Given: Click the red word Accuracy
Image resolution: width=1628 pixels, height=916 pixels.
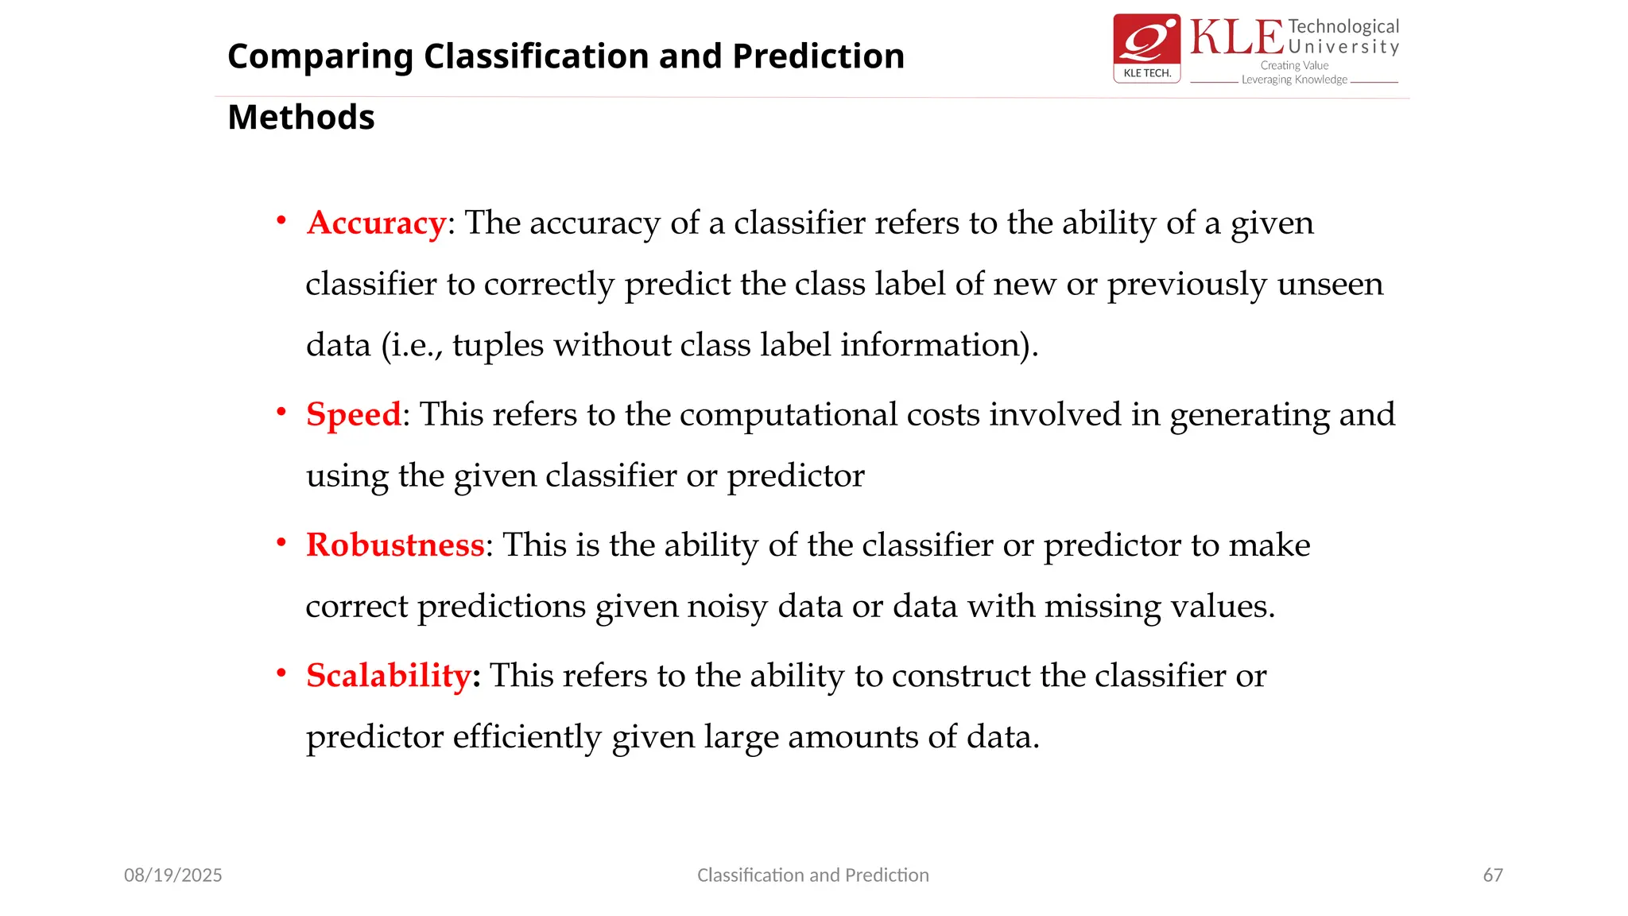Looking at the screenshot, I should pyautogui.click(x=376, y=223).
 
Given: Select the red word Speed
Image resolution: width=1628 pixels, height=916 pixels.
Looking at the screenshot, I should pyautogui.click(x=354, y=415).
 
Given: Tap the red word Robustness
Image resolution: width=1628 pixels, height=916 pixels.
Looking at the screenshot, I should pyautogui.click(x=395, y=545).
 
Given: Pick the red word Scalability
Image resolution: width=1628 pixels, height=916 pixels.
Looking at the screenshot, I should pyautogui.click(x=389, y=676).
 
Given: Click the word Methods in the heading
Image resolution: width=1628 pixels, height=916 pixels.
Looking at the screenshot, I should pyautogui.click(x=300, y=118).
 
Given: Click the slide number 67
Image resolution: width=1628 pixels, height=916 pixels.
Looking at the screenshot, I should pyautogui.click(x=1493, y=875).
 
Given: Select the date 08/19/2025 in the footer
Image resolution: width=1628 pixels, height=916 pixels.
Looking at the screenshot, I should pyautogui.click(x=173, y=875).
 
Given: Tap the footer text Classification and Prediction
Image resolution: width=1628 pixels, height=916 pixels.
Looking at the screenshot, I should pyautogui.click(x=812, y=875).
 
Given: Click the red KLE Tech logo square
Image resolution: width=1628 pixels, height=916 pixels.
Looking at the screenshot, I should pyautogui.click(x=1146, y=48).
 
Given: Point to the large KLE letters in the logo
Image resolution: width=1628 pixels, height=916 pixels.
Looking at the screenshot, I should pyautogui.click(x=1236, y=38).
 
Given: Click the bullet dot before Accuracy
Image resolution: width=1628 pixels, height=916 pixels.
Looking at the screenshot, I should pyautogui.click(x=281, y=220).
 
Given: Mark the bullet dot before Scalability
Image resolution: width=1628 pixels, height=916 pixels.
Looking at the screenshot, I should pyautogui.click(x=281, y=673).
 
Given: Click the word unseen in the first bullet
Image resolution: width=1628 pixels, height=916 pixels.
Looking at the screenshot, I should pyautogui.click(x=1330, y=285).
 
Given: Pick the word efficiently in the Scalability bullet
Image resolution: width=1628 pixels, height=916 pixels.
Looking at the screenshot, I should pyautogui.click(x=527, y=737).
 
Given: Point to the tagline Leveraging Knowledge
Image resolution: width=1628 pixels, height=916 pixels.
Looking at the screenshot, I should pyautogui.click(x=1294, y=80).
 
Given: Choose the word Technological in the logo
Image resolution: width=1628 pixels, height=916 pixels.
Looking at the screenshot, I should pyautogui.click(x=1343, y=27).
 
